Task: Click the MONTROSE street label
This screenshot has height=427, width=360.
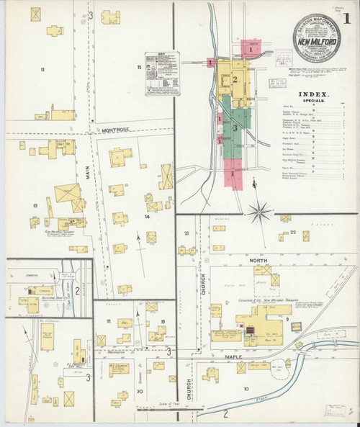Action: click(x=115, y=131)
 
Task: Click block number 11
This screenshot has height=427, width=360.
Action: click(x=42, y=69)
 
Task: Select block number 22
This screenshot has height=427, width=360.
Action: click(x=294, y=232)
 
